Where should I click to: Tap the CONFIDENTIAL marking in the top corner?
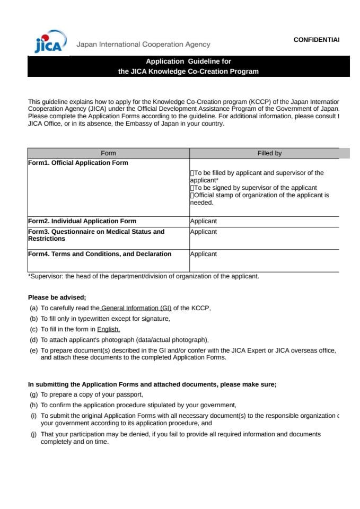coord(316,40)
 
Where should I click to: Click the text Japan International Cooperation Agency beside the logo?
coord(143,45)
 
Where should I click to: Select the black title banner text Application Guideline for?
coord(188,62)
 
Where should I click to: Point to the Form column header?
coord(108,153)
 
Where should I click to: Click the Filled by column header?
coord(269,153)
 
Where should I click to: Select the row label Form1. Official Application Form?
coord(78,163)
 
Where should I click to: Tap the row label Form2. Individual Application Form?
coord(82,221)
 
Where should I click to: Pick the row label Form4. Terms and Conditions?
coord(100,254)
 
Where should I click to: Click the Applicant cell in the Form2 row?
coord(204,221)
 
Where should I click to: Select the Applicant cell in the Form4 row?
coord(204,254)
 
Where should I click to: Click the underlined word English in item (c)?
coord(108,329)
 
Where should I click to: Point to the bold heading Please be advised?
coord(57,297)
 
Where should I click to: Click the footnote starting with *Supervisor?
coord(143,276)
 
